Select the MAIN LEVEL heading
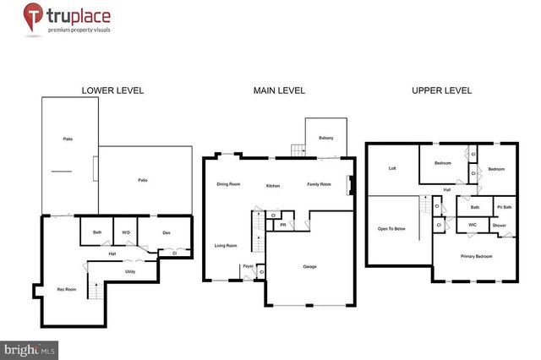[x=279, y=90]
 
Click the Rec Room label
[x=66, y=289]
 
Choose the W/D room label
[x=126, y=231]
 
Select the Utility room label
[x=130, y=271]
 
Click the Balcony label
[x=325, y=138]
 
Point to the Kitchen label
[x=273, y=185]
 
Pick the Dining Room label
[x=228, y=183]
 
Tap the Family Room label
[x=319, y=184]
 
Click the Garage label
[x=309, y=266]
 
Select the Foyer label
[x=248, y=266]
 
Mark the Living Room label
[x=225, y=246]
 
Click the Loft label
[x=391, y=168]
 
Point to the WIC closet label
[x=473, y=225]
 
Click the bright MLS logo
[x=30, y=348]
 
